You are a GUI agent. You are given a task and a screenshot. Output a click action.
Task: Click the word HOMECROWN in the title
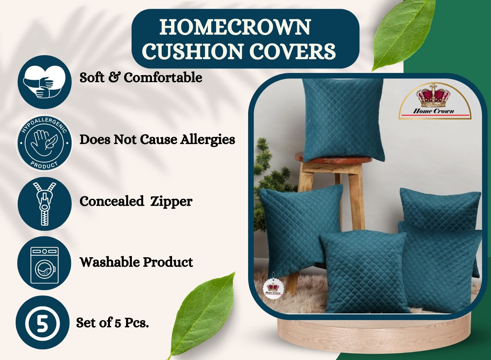point(235,27)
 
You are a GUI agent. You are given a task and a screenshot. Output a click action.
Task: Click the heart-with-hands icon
point(45,82)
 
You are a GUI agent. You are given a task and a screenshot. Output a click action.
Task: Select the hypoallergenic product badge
point(44,143)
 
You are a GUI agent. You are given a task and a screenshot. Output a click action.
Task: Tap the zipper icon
point(45,204)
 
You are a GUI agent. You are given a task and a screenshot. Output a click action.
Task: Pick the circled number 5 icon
point(42,323)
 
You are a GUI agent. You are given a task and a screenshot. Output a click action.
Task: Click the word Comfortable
point(163,78)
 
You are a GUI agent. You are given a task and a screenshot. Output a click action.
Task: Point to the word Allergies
point(207,140)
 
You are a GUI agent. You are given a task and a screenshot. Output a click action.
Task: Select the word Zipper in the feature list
point(171,202)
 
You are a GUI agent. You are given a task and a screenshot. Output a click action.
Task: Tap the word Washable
point(110,262)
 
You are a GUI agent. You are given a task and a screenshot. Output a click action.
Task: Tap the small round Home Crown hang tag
point(273,288)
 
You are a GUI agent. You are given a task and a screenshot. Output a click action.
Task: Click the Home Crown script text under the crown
point(433,111)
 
